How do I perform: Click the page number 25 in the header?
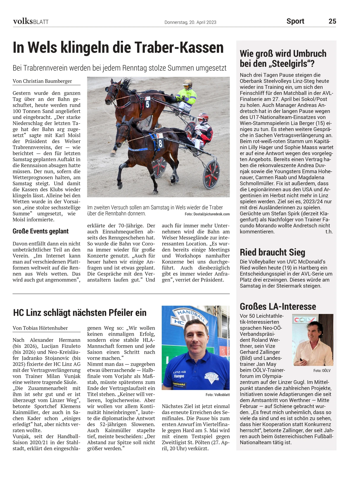332,21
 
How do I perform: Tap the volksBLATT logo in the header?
31,21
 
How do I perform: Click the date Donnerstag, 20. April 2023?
190,22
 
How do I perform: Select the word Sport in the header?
295,21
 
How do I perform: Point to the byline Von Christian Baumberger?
42,81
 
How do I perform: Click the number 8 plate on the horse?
160,143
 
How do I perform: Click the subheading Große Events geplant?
41,231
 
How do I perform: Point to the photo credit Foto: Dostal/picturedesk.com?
207,214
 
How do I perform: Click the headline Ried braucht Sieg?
272,252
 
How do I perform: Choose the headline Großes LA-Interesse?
278,306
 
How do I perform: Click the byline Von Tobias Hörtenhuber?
40,328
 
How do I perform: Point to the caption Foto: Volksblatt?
217,395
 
